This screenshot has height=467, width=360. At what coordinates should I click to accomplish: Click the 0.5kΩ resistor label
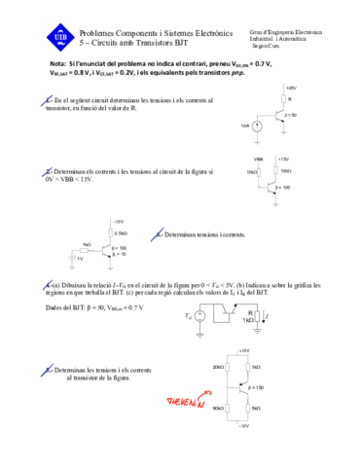tap(122, 233)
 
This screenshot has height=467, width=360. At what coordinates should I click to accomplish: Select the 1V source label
tap(80, 259)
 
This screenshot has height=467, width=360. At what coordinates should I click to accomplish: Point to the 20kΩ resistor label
tap(218, 366)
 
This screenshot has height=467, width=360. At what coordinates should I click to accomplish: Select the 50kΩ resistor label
tap(218, 408)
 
